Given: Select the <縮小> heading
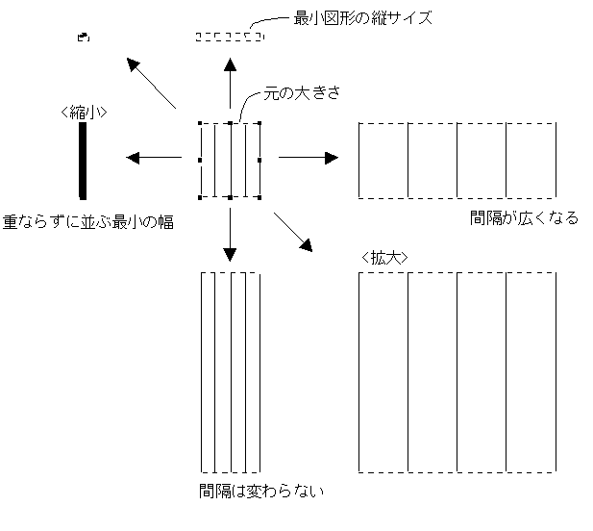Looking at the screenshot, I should (x=83, y=112).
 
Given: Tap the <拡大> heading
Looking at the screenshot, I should (x=387, y=258).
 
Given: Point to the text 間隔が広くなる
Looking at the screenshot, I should (x=524, y=218).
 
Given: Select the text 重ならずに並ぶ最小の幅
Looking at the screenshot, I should (x=87, y=222).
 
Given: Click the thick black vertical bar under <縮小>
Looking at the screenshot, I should (x=84, y=160).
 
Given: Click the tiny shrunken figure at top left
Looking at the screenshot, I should (x=84, y=37).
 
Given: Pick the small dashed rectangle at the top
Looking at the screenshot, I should (x=229, y=37).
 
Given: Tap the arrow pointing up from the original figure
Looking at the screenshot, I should (x=230, y=82).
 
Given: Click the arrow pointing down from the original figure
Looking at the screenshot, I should (x=230, y=236).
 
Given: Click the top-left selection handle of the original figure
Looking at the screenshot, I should (x=199, y=123).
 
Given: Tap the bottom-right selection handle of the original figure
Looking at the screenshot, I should (x=261, y=197).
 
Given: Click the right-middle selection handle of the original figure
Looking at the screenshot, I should (x=261, y=160).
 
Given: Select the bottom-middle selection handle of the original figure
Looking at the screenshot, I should (x=230, y=197).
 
